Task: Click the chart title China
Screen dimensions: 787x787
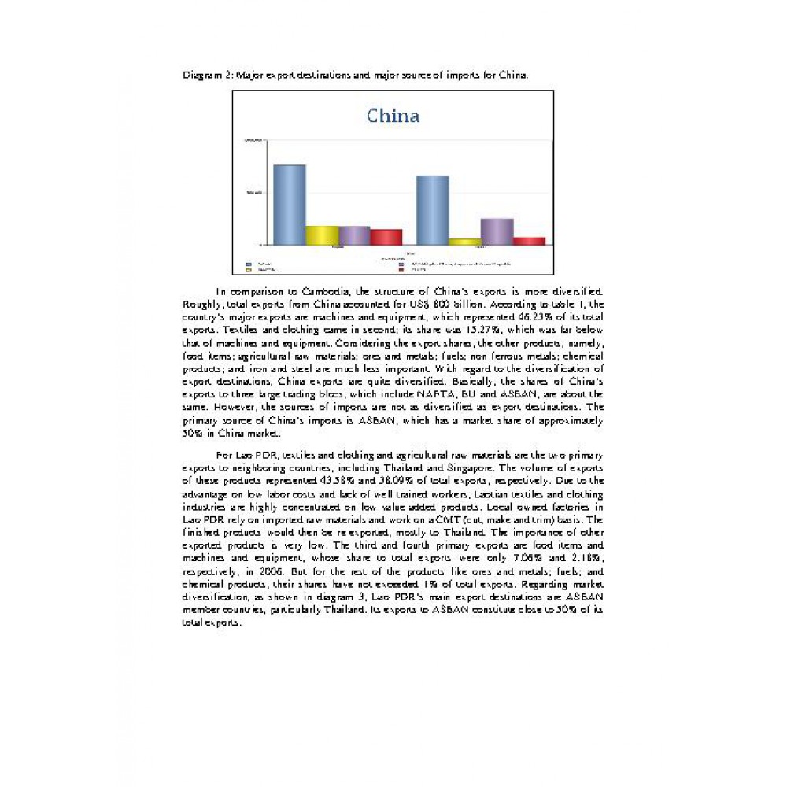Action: (393, 116)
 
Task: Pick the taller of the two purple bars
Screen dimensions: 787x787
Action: (497, 231)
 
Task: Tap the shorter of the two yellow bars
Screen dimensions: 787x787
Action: (464, 242)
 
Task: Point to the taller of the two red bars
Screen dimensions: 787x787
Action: (386, 237)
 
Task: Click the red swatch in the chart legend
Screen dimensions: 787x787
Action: (401, 269)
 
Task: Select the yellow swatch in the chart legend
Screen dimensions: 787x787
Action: (249, 269)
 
